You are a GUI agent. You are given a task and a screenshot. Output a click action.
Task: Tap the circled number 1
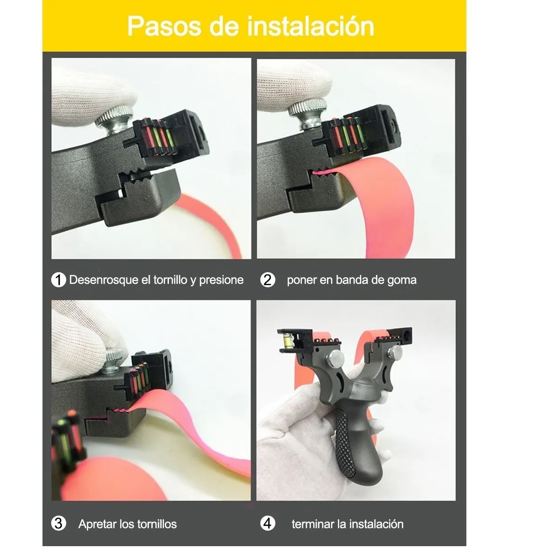coord(58,279)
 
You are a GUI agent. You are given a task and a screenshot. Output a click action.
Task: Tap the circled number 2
coord(268,279)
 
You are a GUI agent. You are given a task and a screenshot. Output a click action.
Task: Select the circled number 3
coord(58,523)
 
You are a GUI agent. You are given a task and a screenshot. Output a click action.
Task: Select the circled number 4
coord(268,523)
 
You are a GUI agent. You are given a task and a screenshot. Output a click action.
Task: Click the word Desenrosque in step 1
coord(104,280)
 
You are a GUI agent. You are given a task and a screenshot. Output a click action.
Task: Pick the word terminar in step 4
coord(312,524)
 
